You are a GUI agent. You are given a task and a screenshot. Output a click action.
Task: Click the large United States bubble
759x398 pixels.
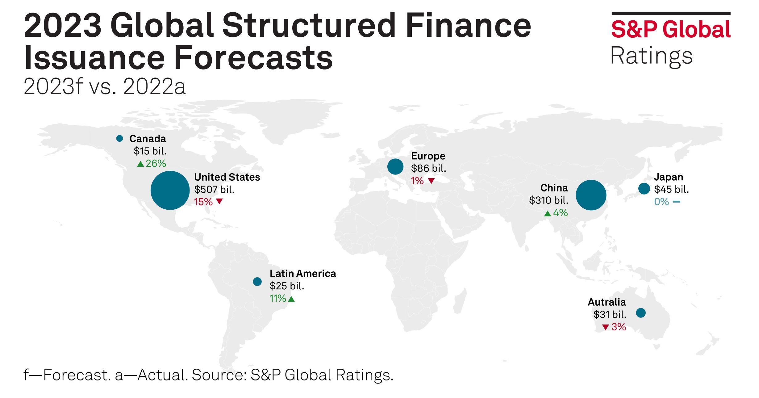coord(170,190)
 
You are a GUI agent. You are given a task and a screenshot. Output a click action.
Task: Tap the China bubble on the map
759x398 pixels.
coord(591,195)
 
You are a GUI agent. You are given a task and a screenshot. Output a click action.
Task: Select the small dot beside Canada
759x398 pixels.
coord(119,138)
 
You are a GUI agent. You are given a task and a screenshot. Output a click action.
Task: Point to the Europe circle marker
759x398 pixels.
coord(395,167)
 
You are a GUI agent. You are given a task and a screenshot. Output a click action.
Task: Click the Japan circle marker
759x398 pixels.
coord(644,188)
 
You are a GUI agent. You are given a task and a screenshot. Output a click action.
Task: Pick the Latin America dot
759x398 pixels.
coord(257,281)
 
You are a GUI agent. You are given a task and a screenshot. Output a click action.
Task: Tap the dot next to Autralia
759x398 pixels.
coord(640,313)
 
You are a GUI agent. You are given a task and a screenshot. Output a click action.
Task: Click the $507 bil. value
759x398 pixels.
coord(214,189)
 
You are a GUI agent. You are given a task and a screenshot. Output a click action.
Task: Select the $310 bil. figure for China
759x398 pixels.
coord(548,200)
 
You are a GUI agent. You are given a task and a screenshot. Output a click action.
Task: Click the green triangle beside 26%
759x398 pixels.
coord(140,164)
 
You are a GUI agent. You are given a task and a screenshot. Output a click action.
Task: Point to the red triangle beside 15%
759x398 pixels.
coord(219,202)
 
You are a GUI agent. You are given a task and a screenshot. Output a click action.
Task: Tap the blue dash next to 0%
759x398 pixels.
coord(676,202)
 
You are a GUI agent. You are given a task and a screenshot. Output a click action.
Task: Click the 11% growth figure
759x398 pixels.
coord(278,298)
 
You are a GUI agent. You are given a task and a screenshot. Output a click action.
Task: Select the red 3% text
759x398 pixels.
coord(619,327)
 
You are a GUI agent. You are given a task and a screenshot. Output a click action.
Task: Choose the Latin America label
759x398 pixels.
coord(302,274)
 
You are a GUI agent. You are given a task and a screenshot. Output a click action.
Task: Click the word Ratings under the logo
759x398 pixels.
coord(651,56)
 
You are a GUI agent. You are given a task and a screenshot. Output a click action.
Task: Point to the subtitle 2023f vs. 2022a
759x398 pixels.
coord(104,87)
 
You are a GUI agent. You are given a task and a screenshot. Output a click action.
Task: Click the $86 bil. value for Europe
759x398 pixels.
coord(428,168)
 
